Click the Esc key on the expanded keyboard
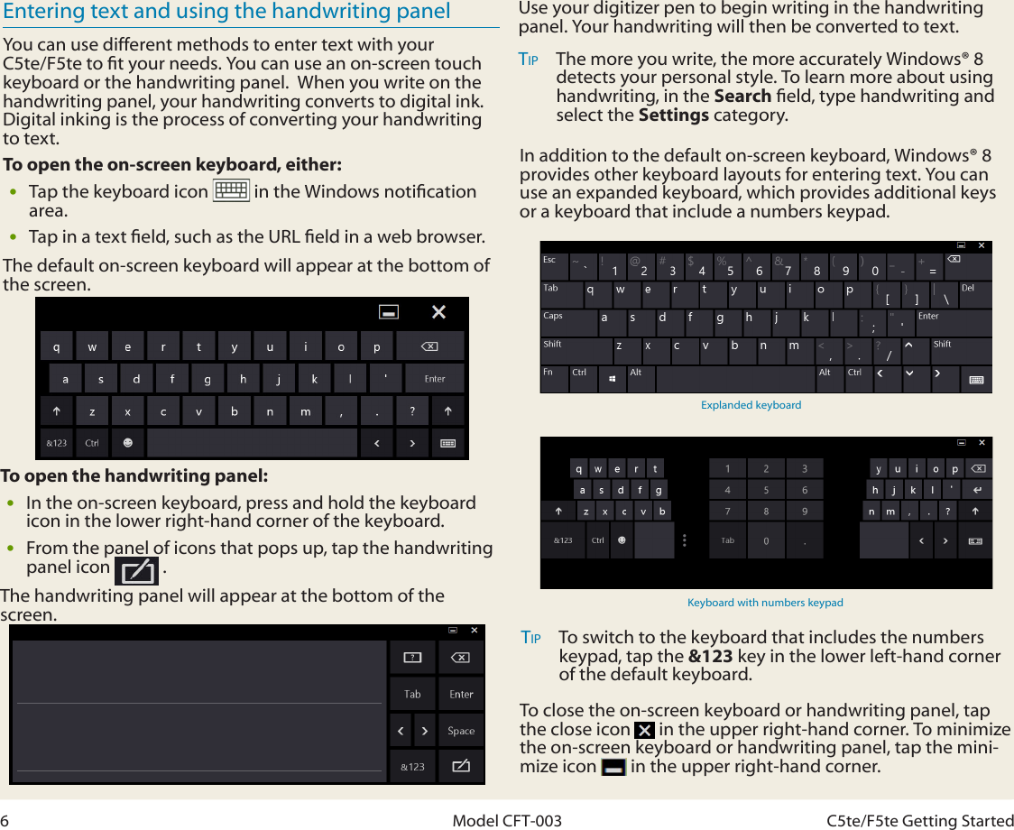[552, 267]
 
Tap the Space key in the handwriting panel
[461, 731]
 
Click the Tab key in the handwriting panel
[412, 694]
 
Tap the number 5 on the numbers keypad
[766, 490]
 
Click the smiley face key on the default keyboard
[127, 443]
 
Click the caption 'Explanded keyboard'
[751, 405]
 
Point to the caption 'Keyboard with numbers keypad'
[765, 603]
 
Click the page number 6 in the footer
[5, 820]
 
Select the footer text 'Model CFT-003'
[506, 820]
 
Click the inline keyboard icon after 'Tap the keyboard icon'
[231, 191]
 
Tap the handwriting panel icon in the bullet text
[137, 571]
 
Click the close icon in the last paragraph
[644, 730]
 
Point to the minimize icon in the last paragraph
[613, 768]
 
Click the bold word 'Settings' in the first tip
[673, 115]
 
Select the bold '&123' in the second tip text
[710, 656]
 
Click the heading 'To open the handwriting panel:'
[134, 476]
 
